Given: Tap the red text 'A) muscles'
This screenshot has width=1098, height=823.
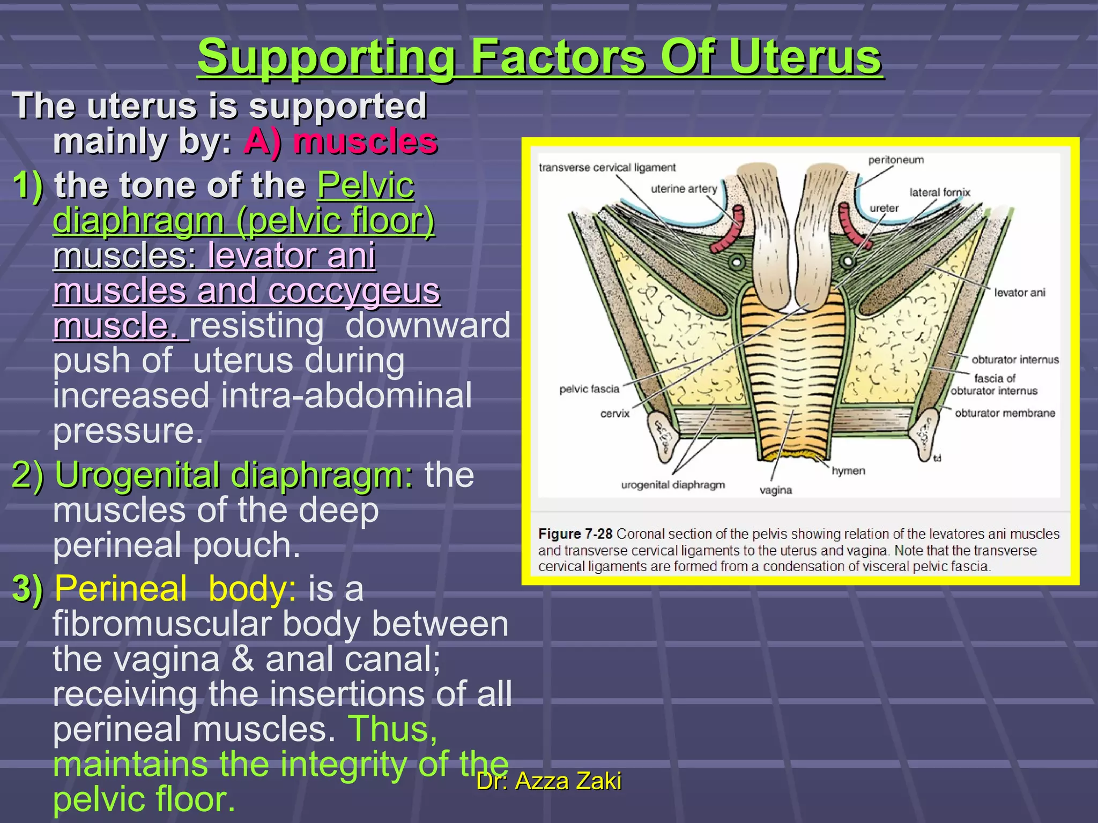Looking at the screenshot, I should point(341,142).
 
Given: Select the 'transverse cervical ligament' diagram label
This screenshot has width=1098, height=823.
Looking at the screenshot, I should point(607,168).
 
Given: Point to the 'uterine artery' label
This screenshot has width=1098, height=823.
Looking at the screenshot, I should point(684,189).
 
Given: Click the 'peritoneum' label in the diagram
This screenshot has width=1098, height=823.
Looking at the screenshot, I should point(896,160).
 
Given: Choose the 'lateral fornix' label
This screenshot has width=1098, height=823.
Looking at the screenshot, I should point(939,192).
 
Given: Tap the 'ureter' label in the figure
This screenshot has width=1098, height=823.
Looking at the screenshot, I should point(884,208).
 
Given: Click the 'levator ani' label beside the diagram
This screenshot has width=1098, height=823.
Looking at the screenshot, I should point(1019,293).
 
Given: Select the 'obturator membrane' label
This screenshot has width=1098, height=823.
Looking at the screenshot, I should point(1005,413).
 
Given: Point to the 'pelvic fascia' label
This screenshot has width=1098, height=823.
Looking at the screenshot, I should point(589,389).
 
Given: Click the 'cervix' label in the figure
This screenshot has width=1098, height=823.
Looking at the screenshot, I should point(614,414).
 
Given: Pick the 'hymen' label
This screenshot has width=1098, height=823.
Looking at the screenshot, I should point(848,471).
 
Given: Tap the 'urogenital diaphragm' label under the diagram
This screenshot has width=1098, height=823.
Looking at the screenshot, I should point(673,485).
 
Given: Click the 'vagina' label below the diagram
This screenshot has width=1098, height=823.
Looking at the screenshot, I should point(775,490).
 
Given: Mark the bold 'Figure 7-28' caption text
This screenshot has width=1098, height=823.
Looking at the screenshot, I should point(575,534).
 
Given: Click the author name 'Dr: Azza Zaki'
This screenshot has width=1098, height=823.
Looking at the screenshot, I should point(549,781).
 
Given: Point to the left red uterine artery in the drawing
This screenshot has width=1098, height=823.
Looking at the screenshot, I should point(729,230).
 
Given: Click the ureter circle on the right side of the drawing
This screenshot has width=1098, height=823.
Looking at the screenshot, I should point(848,261).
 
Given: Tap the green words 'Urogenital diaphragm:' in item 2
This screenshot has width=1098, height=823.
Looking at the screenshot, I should point(234,475).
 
